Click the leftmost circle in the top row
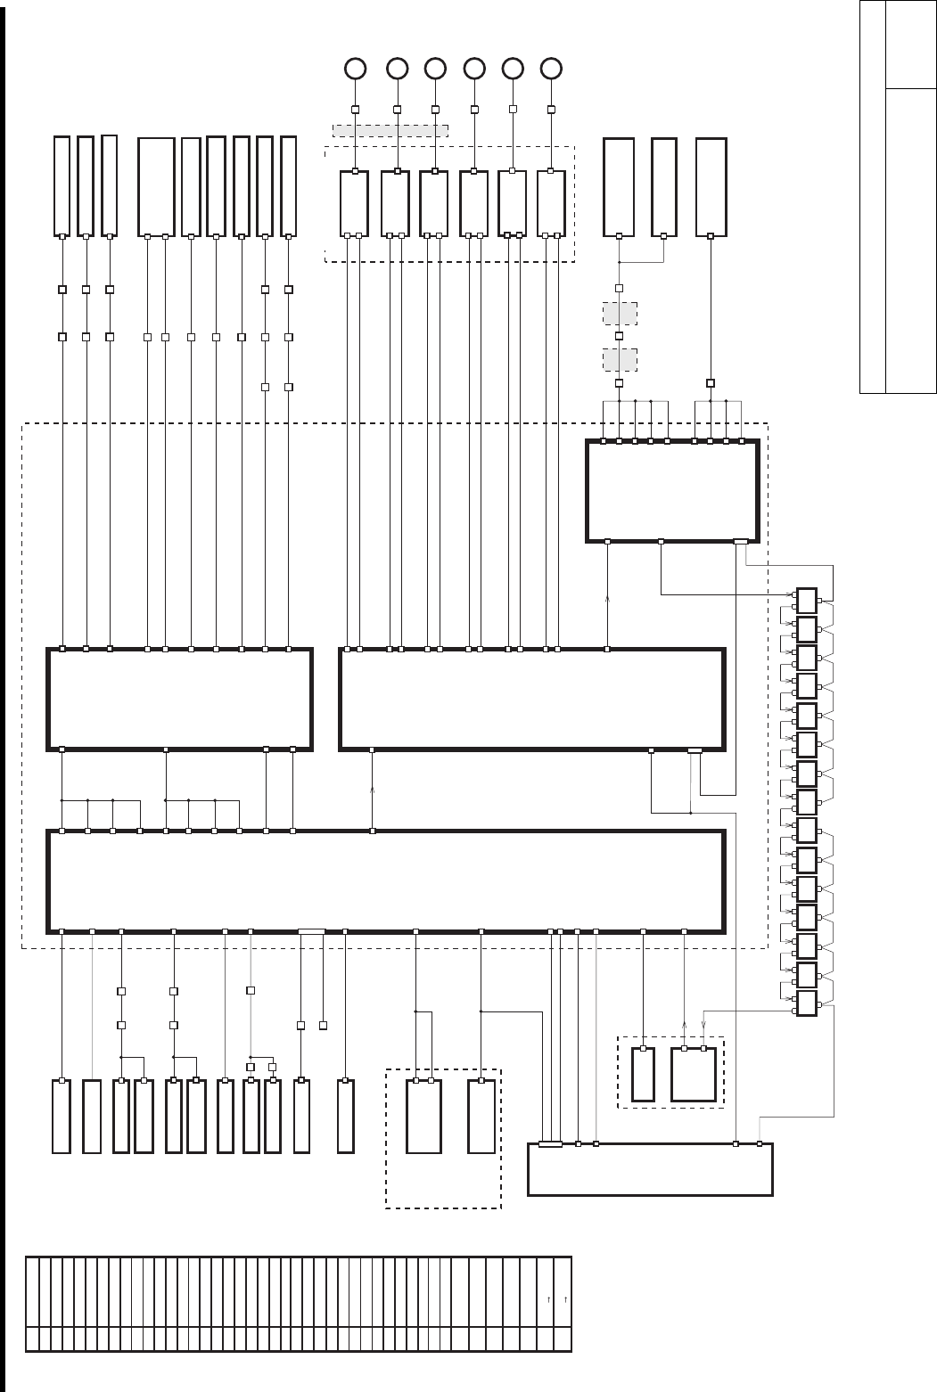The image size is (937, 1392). click(x=355, y=68)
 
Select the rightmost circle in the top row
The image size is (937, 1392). click(x=552, y=68)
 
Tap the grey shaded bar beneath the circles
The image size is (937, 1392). click(x=390, y=131)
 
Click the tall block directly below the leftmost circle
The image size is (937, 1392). click(x=354, y=203)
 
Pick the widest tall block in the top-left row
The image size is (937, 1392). click(x=156, y=187)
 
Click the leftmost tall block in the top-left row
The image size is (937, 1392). click(x=62, y=186)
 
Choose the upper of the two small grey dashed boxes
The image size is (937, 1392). click(x=620, y=314)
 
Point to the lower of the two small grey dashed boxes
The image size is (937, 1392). click(x=620, y=359)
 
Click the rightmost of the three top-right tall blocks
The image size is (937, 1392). click(x=711, y=187)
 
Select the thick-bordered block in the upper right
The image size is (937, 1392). click(x=672, y=490)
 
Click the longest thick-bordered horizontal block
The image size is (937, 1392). click(x=385, y=880)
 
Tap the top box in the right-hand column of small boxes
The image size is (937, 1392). click(x=807, y=601)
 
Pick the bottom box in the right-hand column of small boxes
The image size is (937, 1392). click(x=807, y=1003)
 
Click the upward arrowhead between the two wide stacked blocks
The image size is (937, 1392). click(x=373, y=790)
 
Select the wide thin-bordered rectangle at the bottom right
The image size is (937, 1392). click(x=650, y=1168)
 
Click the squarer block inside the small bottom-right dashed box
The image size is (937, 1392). click(x=694, y=1074)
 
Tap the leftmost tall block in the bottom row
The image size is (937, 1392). click(x=61, y=1116)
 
